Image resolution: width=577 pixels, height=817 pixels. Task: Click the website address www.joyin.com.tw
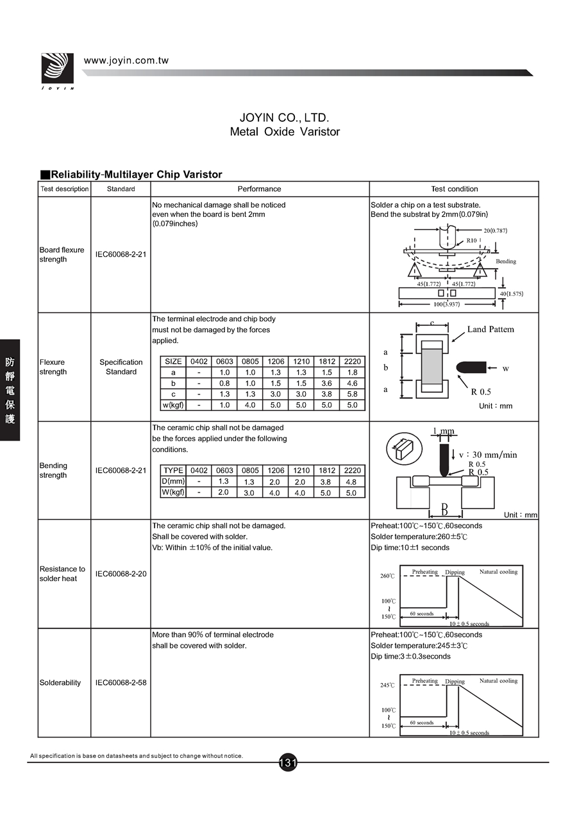(x=126, y=61)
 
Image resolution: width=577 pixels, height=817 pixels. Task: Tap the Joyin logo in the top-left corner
(x=57, y=70)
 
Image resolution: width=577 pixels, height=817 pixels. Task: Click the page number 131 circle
(x=288, y=762)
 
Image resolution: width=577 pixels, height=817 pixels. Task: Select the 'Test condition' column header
(x=454, y=189)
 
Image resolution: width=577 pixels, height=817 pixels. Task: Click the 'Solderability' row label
(x=60, y=683)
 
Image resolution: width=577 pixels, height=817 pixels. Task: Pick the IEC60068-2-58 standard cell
(x=121, y=683)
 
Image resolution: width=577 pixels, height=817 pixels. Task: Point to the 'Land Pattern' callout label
(x=490, y=330)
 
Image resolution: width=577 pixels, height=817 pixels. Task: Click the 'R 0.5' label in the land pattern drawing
(x=481, y=392)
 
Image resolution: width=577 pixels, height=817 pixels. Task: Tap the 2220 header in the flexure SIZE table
(x=352, y=362)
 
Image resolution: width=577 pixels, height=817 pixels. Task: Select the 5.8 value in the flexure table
(x=352, y=394)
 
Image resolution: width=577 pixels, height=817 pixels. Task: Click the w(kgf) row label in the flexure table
(x=173, y=405)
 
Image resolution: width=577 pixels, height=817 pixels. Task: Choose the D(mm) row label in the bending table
(x=173, y=482)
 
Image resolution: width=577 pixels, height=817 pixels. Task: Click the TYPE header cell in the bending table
(x=173, y=471)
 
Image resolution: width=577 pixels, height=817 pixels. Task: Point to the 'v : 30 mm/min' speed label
(x=488, y=455)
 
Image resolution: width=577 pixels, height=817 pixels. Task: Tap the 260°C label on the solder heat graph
(x=387, y=576)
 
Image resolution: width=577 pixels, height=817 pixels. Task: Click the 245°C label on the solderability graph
(x=387, y=685)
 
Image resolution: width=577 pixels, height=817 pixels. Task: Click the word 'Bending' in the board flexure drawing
(x=505, y=262)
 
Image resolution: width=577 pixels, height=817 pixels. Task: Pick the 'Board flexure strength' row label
(x=62, y=255)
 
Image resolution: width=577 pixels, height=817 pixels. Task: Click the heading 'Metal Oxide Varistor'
(x=285, y=132)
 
